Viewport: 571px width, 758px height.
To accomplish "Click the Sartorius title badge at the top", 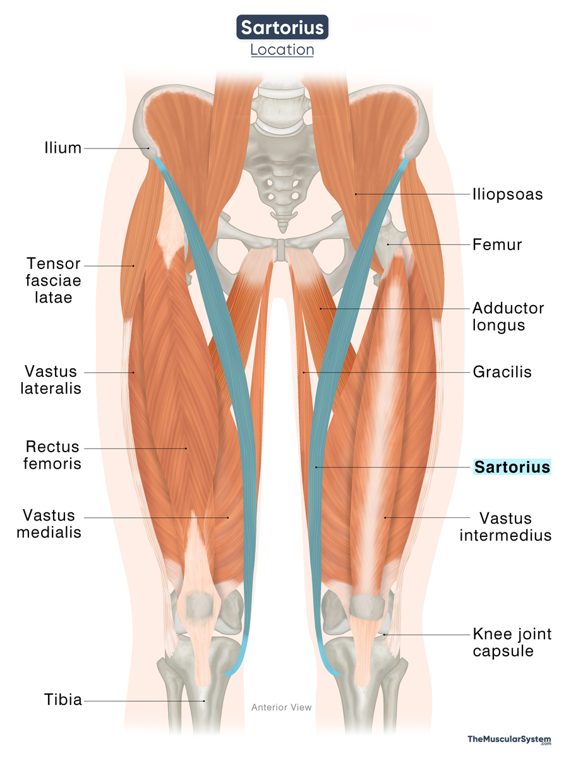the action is [x=282, y=27].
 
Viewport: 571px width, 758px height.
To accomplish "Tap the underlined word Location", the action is [x=282, y=50].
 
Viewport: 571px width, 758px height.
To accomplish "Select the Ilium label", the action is [x=63, y=148].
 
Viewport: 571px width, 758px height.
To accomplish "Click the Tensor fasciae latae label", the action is [x=53, y=280].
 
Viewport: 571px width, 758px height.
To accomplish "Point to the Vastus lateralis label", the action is [x=51, y=380].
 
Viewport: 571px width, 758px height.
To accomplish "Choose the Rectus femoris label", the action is [x=52, y=455].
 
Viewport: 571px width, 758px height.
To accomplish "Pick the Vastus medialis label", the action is [x=49, y=524].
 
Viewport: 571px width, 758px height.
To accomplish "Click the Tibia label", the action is [x=63, y=700].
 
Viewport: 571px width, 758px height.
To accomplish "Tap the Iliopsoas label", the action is [x=507, y=194].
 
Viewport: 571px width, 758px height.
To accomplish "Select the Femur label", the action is [x=497, y=244].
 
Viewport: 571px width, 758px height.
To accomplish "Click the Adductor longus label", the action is [x=508, y=316].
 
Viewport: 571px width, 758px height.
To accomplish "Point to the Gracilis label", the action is [x=502, y=372].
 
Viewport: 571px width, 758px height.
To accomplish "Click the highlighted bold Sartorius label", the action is [x=512, y=467].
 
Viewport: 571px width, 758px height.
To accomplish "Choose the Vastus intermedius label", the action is [x=505, y=527].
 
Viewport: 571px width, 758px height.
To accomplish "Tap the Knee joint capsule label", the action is [x=512, y=642].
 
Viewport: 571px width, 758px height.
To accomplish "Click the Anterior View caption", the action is [x=281, y=707].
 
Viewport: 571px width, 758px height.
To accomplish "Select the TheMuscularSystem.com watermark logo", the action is [x=509, y=740].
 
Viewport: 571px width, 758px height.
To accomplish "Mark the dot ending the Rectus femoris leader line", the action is [x=186, y=448].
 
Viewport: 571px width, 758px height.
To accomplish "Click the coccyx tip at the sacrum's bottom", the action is [x=283, y=231].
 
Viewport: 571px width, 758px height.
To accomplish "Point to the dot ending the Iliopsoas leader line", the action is [x=356, y=194].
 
